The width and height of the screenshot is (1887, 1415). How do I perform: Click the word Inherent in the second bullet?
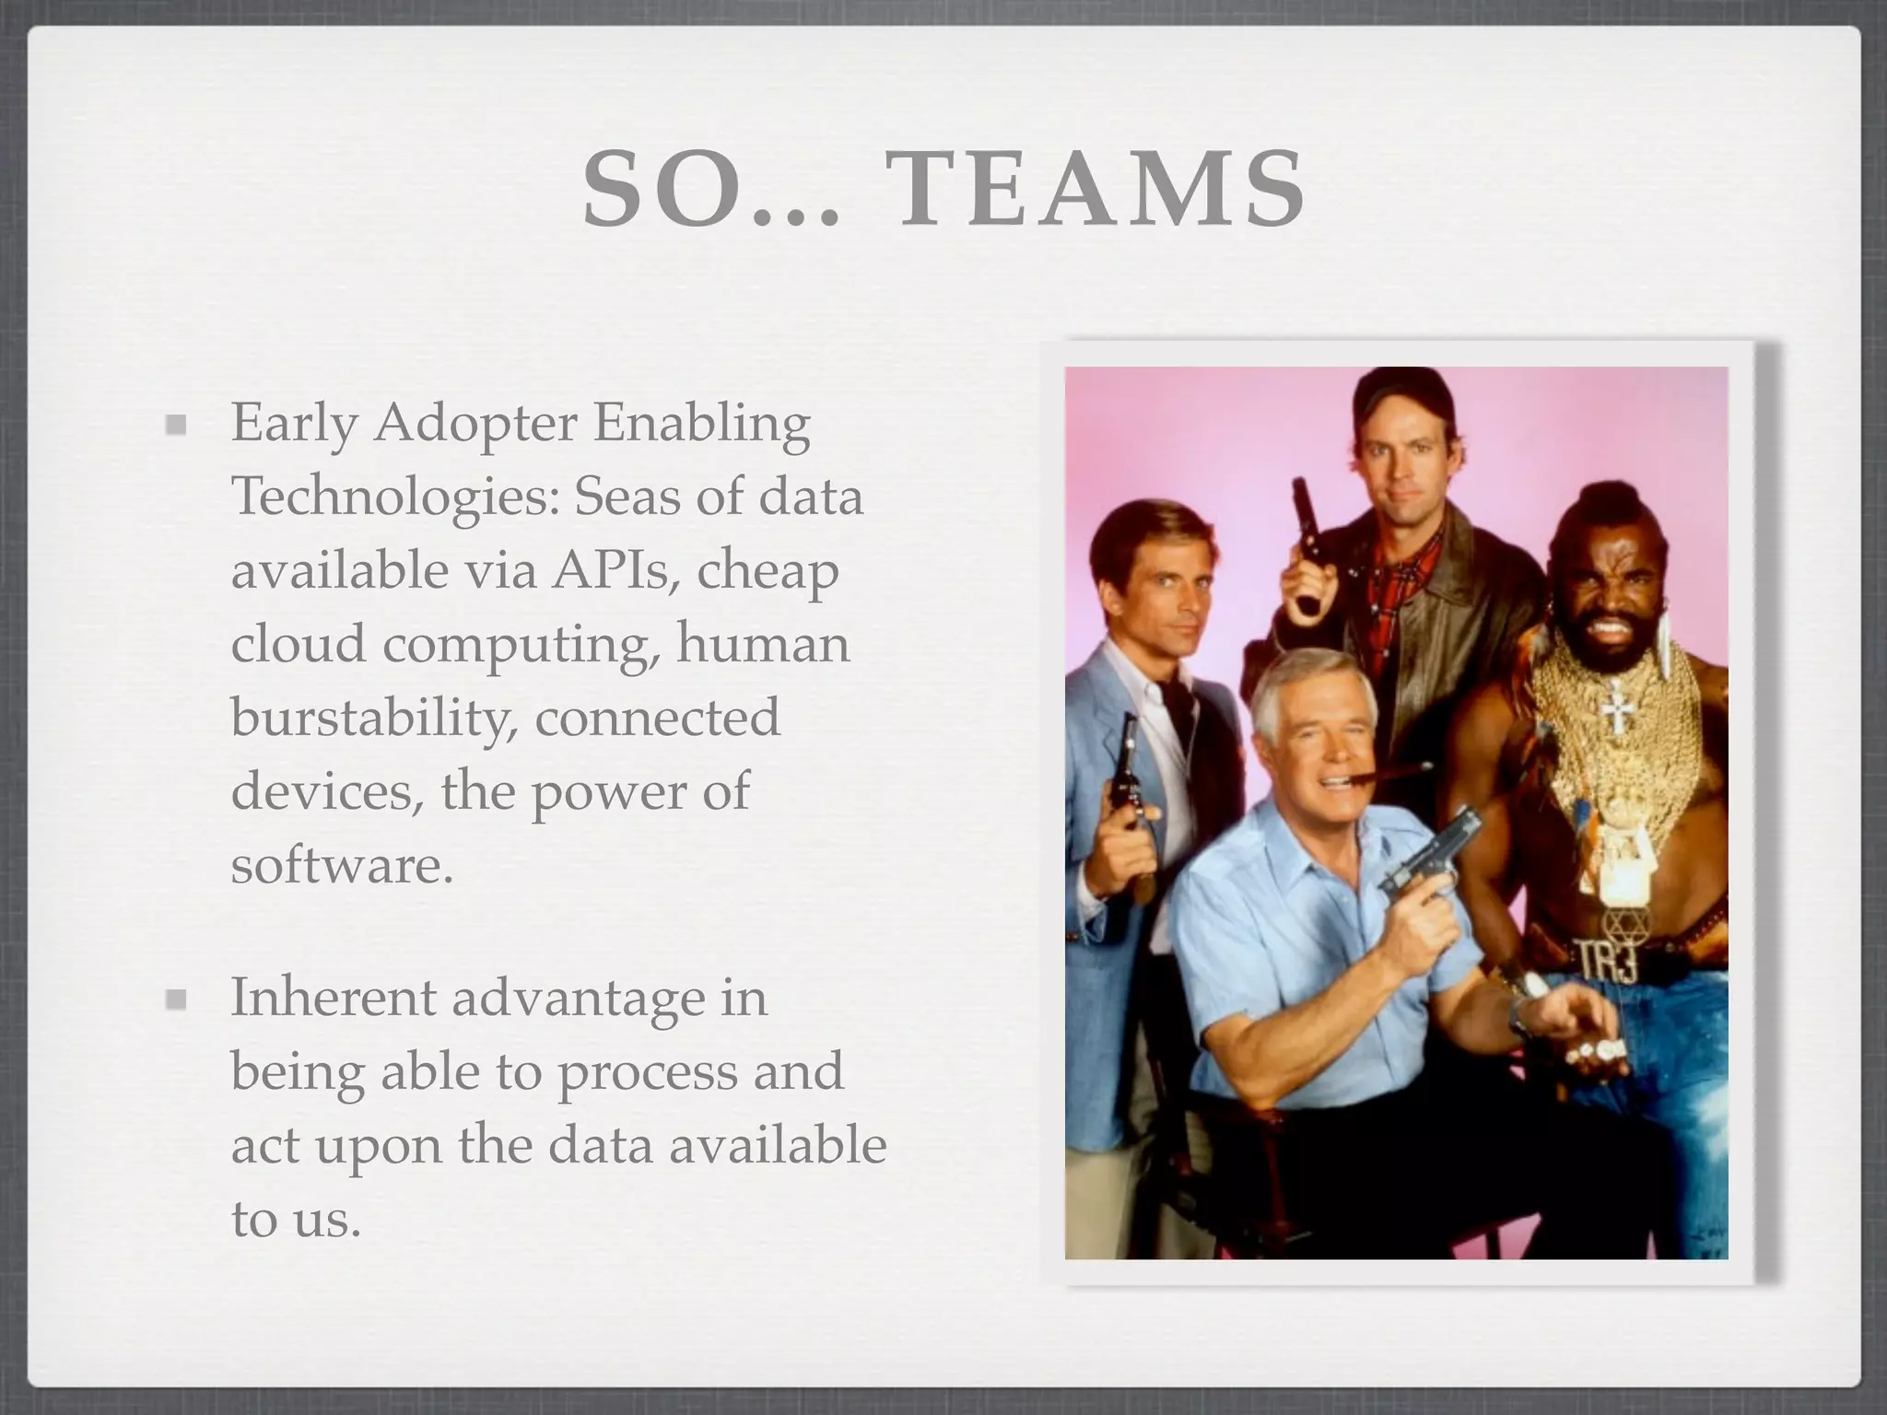pyautogui.click(x=333, y=998)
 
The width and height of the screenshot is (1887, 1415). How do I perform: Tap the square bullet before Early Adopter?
pyautogui.click(x=176, y=426)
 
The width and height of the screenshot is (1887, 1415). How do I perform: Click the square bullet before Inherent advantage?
pyautogui.click(x=176, y=1000)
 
